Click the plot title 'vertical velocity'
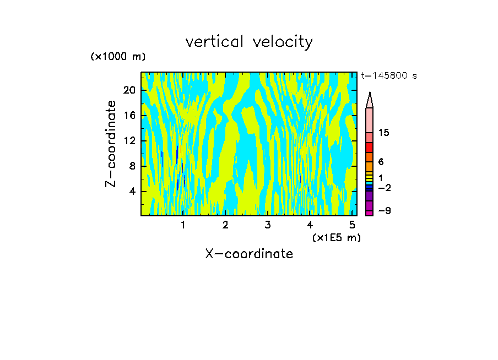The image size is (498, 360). [x=249, y=42]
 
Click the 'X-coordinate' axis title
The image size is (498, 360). [x=249, y=254]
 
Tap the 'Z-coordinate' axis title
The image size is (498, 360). [x=111, y=144]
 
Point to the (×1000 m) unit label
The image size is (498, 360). [x=117, y=57]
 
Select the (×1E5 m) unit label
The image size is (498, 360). [x=336, y=237]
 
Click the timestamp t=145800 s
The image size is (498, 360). [x=388, y=76]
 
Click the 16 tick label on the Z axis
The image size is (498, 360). [x=128, y=115]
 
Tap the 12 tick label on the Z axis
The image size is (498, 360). [x=128, y=140]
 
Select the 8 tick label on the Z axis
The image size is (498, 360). [x=131, y=166]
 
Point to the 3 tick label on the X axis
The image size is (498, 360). [x=267, y=225]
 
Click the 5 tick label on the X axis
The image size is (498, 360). [x=351, y=225]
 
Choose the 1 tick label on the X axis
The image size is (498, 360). [x=183, y=225]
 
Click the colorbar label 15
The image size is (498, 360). [x=384, y=133]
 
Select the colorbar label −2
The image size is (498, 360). [x=384, y=188]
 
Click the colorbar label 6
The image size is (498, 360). [x=381, y=162]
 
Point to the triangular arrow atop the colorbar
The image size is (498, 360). [x=370, y=100]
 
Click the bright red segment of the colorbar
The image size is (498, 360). [x=370, y=148]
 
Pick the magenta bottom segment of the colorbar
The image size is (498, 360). [x=370, y=213]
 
